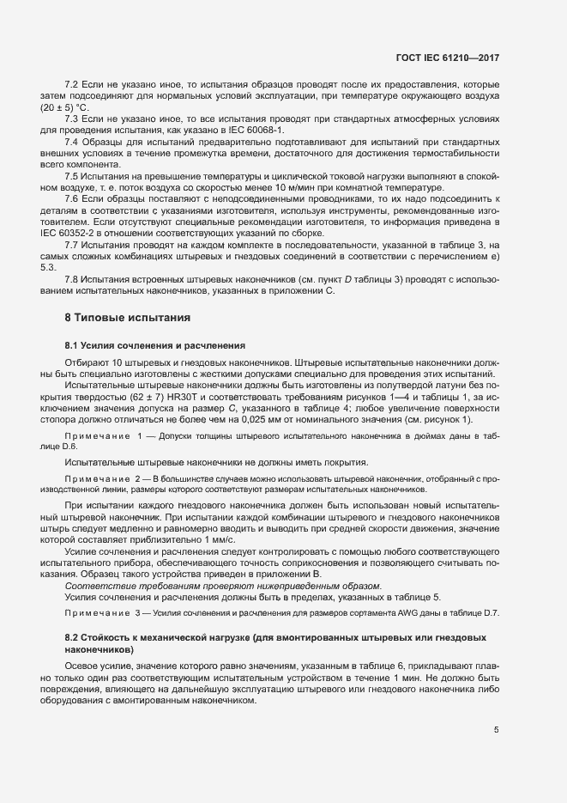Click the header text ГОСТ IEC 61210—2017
[x=447, y=58]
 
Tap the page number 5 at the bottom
[x=496, y=730]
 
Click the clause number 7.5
[x=72, y=175]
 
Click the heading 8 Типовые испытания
[x=127, y=318]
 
